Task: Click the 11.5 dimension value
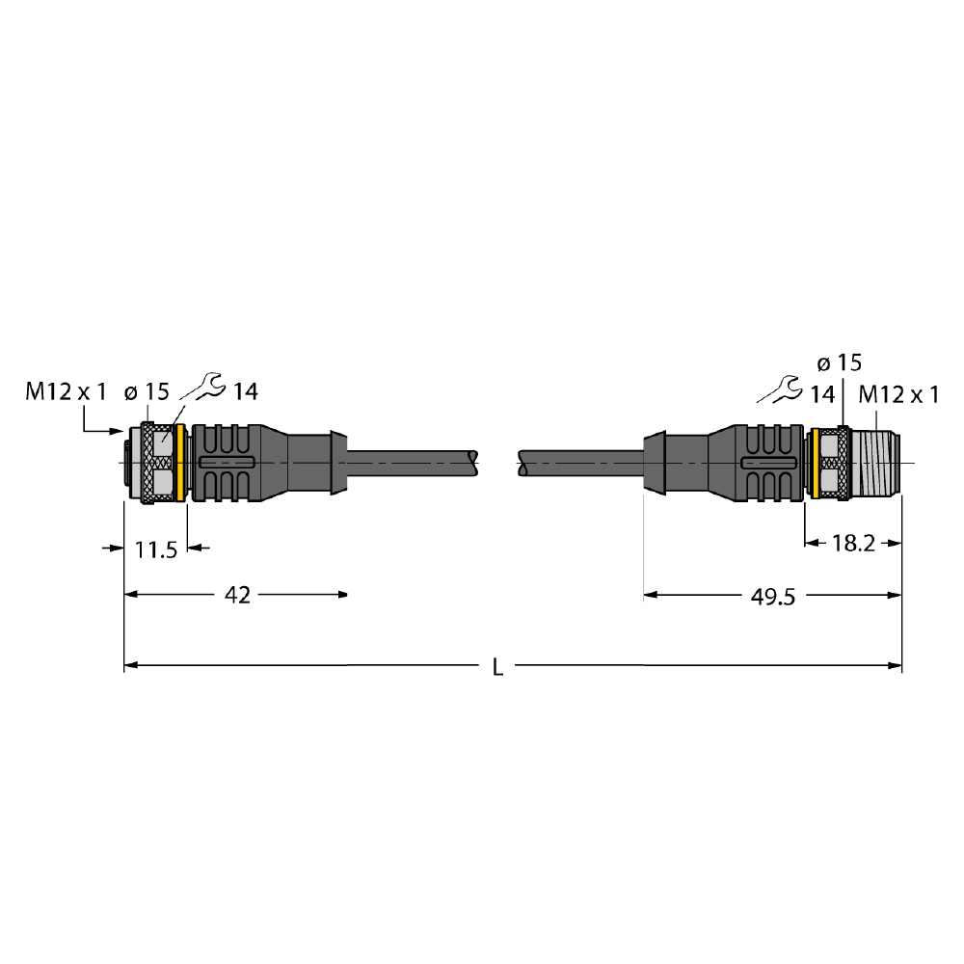point(155,549)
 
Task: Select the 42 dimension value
point(237,595)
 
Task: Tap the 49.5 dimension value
point(773,597)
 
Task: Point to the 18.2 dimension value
point(853,544)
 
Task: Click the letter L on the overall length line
point(498,667)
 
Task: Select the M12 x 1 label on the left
point(66,391)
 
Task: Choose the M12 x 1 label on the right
point(898,394)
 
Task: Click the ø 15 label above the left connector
point(147,391)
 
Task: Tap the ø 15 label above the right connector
point(840,363)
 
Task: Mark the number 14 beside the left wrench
point(245,391)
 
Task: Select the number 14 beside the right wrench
point(822,394)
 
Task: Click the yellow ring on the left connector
point(181,463)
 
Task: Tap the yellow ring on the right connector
point(816,463)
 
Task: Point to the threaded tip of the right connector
point(876,463)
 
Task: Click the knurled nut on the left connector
point(147,463)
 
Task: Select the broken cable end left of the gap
point(473,463)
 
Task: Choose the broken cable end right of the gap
point(522,463)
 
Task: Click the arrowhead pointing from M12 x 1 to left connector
point(117,431)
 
